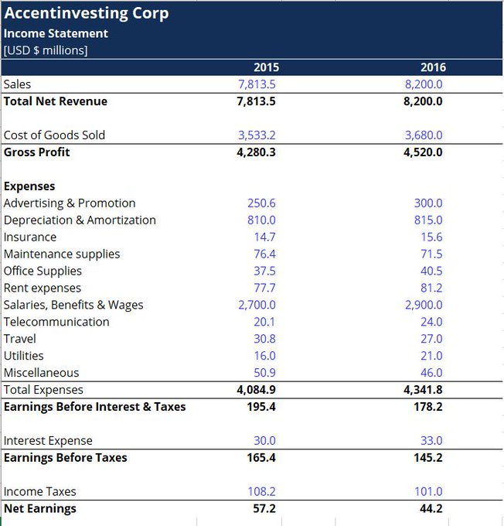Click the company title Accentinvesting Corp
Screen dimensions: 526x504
point(87,14)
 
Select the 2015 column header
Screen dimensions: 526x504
point(264,67)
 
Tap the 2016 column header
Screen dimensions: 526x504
point(433,67)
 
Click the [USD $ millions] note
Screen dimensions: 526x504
point(46,50)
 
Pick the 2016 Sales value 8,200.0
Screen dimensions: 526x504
point(424,84)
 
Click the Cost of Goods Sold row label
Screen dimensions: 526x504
point(54,135)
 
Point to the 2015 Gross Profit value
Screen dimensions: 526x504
point(257,152)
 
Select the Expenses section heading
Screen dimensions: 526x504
point(29,186)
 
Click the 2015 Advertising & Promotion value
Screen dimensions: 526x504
point(261,203)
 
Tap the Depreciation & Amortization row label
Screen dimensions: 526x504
point(80,220)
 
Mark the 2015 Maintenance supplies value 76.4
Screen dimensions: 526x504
point(264,254)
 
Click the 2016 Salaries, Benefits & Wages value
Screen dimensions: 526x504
point(424,305)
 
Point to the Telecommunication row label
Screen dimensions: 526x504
point(56,322)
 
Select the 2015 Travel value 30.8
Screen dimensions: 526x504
point(264,339)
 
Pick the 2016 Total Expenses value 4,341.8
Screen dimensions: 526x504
point(424,390)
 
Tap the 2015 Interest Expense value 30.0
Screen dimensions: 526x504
point(264,441)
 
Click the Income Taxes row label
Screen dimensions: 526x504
point(40,492)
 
